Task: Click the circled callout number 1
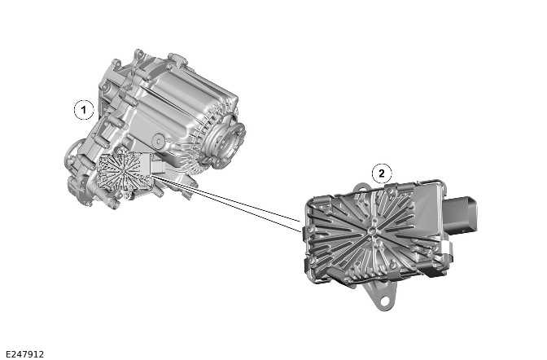pos(81,108)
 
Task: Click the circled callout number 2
pos(382,173)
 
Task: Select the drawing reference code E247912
pos(24,353)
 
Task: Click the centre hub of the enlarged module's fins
pos(371,230)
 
